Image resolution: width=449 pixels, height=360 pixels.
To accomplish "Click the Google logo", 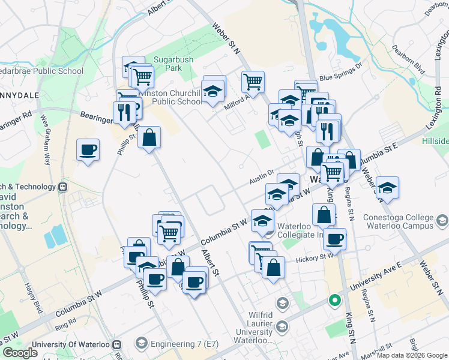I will (20, 353).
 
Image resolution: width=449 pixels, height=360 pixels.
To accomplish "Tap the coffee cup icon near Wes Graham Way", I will (88, 150).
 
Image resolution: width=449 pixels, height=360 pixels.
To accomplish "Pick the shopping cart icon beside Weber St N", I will (253, 82).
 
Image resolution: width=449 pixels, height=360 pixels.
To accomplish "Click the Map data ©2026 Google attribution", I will (412, 355).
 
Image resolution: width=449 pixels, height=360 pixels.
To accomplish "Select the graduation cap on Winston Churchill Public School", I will (212, 92).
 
